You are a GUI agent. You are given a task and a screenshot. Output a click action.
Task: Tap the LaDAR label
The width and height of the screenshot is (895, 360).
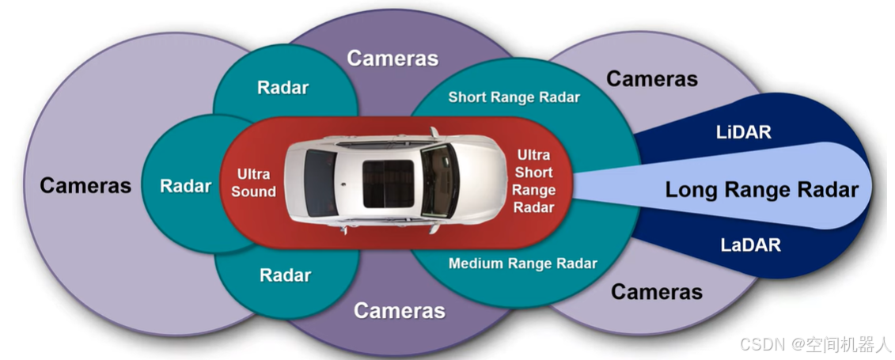point(750,245)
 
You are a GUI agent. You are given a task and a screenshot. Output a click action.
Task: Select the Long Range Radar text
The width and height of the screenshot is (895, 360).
point(761,190)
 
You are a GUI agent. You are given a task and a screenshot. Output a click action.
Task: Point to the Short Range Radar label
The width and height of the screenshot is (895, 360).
point(514,97)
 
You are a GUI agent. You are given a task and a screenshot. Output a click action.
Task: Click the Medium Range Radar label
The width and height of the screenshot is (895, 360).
point(522,263)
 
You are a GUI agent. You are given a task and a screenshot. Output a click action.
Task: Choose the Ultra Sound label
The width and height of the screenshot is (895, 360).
point(253,183)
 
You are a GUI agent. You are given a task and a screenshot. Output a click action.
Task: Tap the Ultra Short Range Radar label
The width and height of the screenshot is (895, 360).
point(533,181)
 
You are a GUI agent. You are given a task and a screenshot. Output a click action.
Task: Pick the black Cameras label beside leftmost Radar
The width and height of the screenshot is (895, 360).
point(85,186)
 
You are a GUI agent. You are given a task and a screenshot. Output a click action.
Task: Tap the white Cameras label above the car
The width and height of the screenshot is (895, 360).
point(393,58)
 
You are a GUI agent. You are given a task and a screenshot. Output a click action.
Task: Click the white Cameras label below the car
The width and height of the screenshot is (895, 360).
point(399,310)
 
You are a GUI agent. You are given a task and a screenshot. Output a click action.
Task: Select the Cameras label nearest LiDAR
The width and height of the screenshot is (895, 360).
point(651,79)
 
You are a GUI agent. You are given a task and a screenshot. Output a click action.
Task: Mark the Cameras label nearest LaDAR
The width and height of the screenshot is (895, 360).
point(656,292)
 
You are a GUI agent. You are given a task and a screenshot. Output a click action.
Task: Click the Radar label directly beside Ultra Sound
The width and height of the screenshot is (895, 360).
point(185,187)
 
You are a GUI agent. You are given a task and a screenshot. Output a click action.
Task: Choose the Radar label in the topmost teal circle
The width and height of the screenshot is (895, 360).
point(283,88)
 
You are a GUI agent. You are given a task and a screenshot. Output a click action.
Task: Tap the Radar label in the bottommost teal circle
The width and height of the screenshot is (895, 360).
point(285,275)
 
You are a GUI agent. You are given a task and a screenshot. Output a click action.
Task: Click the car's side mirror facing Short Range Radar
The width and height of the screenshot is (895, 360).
point(434,131)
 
